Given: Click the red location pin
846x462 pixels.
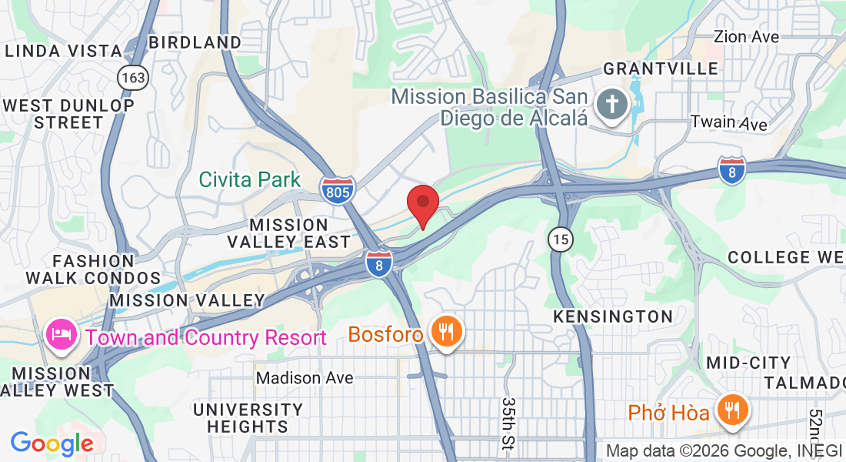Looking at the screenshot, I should pyautogui.click(x=422, y=203).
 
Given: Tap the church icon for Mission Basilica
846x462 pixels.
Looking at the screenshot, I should pyautogui.click(x=612, y=105).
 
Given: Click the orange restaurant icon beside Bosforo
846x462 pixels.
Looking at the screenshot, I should pyautogui.click(x=445, y=333).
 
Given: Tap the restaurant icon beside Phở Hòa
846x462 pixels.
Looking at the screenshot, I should pyautogui.click(x=730, y=411).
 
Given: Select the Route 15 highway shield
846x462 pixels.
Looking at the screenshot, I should pyautogui.click(x=561, y=239).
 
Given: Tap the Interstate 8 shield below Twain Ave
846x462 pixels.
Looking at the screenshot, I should pyautogui.click(x=732, y=171).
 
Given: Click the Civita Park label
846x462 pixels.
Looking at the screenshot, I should pyautogui.click(x=250, y=180).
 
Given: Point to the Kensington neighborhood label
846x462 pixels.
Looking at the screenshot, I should pyautogui.click(x=613, y=316).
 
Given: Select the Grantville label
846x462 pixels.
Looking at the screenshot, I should pyautogui.click(x=661, y=69).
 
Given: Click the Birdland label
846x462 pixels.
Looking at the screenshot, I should pyautogui.click(x=195, y=42).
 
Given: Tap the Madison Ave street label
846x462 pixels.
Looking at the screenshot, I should pyautogui.click(x=305, y=378).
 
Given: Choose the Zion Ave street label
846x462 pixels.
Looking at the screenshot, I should pyautogui.click(x=746, y=36).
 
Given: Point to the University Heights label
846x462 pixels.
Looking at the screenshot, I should pyautogui.click(x=248, y=417).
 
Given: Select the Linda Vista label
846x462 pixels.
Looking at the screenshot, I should pyautogui.click(x=63, y=52).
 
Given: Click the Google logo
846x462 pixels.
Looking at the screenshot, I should pyautogui.click(x=52, y=444).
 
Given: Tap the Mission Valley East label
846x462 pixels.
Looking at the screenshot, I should pyautogui.click(x=289, y=233).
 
